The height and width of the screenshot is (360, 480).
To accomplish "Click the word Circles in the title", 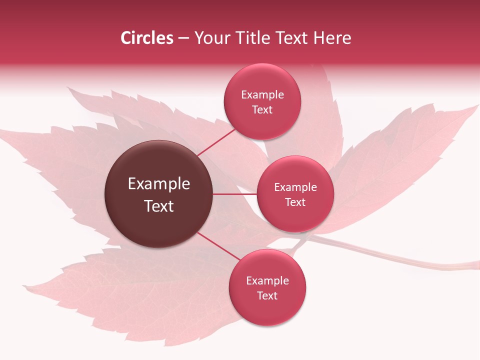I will pos(146,38).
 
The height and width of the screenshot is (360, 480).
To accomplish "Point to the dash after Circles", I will pos(183,38).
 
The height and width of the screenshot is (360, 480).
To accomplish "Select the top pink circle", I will pos(262,122).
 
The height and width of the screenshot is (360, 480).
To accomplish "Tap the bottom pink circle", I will pos(267,310).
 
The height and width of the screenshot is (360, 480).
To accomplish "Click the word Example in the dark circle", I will pos(159,184).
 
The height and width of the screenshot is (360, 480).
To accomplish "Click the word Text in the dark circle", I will pos(159,206).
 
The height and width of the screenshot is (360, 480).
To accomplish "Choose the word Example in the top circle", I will pos(262,95).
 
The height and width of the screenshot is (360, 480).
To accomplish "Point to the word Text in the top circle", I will pos(262,110).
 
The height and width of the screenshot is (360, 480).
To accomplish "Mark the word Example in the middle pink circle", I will pos(295,187).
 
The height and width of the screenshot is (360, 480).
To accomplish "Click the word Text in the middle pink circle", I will pos(295,202).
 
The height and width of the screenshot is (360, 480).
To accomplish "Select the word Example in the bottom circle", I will pos(267,281).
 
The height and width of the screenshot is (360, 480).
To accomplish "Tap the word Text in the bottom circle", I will pos(267,296).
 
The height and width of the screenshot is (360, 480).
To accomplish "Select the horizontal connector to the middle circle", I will pos(235,194).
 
